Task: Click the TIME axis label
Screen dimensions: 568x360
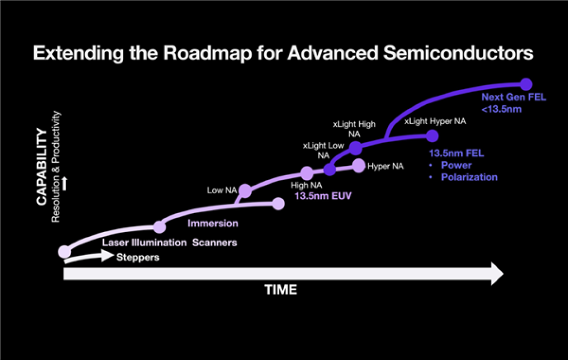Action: point(280,290)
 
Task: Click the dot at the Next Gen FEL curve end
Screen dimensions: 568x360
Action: point(526,84)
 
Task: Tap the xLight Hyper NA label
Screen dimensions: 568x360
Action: point(435,122)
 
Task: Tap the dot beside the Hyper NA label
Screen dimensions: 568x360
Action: point(359,166)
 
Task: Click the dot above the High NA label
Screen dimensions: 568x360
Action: point(307,173)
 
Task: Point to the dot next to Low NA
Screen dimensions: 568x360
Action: point(245,191)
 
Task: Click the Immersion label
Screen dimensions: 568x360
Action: point(213,224)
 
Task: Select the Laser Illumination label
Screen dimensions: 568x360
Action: point(144,243)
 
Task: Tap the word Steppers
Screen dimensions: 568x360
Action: point(138,257)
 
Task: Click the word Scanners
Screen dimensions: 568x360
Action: point(215,243)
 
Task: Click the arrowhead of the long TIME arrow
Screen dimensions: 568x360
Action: point(497,274)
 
